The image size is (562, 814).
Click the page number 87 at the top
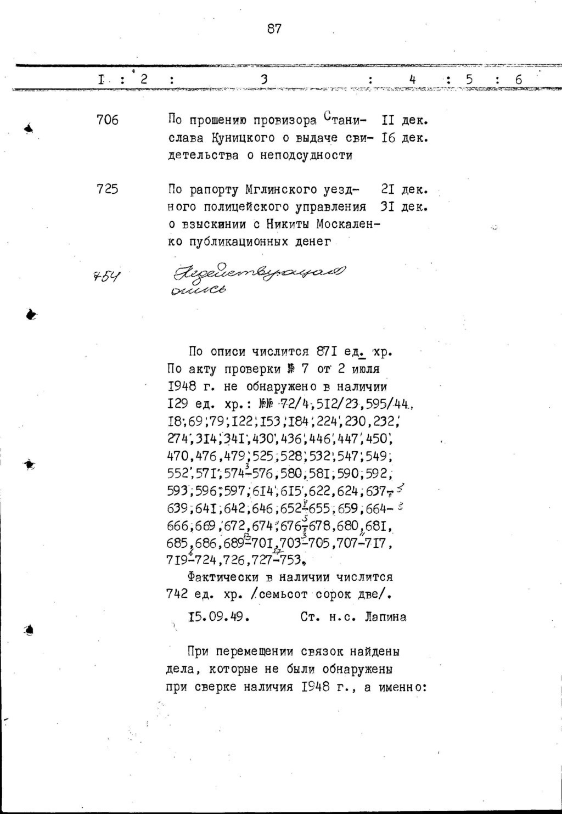[274, 29]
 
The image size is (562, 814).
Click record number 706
[108, 120]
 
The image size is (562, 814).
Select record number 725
[108, 189]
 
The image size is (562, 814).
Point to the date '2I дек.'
[404, 190]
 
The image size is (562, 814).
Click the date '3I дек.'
[404, 207]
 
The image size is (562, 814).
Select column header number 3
[264, 80]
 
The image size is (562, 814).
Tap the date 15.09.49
[219, 616]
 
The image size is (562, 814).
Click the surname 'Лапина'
[385, 616]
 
